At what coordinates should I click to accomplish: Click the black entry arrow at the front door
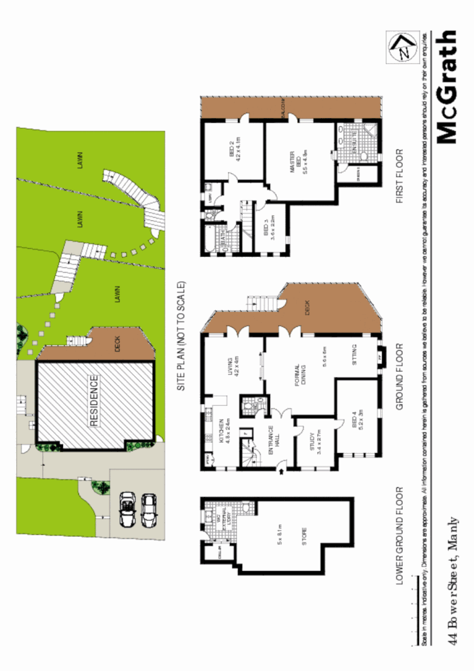[280, 473]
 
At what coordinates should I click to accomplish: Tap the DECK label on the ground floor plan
[307, 309]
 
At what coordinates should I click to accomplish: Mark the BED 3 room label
[270, 229]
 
